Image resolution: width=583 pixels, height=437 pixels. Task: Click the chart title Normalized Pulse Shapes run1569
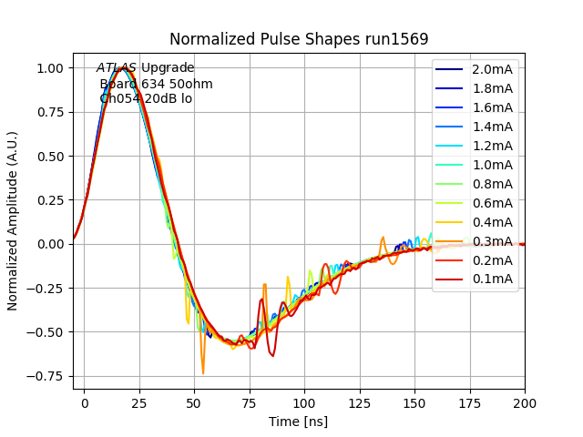pos(299,39)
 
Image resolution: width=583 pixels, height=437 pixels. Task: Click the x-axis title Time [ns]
pos(298,422)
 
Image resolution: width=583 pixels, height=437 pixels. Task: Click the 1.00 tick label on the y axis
pos(49,68)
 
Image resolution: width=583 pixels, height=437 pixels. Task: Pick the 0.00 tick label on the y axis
pos(49,244)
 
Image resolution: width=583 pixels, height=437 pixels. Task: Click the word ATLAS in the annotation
pos(117,68)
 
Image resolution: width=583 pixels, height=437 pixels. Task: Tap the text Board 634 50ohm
pos(156,84)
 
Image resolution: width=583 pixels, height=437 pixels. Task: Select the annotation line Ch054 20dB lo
pos(146,98)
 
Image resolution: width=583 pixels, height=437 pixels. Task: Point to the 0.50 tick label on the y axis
pos(49,156)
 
